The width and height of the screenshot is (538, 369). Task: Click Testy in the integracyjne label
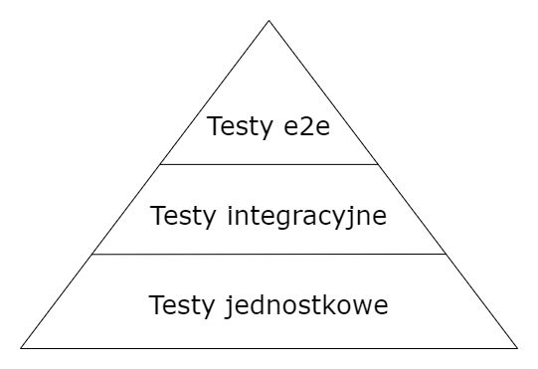click(x=180, y=215)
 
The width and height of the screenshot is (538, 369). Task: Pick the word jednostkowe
click(x=320, y=304)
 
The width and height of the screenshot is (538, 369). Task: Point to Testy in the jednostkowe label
click(x=179, y=303)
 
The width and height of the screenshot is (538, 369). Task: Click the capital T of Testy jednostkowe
click(x=156, y=303)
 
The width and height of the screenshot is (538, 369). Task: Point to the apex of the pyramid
click(x=269, y=20)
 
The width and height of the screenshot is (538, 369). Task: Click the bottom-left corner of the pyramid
click(x=22, y=348)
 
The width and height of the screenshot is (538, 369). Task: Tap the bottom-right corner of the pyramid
click(x=517, y=348)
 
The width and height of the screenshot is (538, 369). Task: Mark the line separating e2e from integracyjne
click(x=269, y=164)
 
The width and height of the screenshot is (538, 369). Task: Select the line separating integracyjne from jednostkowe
click(x=269, y=254)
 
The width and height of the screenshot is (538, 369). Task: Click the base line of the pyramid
click(x=269, y=348)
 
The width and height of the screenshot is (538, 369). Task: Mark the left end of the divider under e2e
click(x=161, y=164)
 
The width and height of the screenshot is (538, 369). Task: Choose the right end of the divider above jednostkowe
click(x=446, y=254)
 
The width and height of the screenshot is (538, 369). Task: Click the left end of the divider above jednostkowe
click(x=93, y=254)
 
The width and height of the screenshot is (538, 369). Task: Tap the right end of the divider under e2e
click(x=378, y=164)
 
